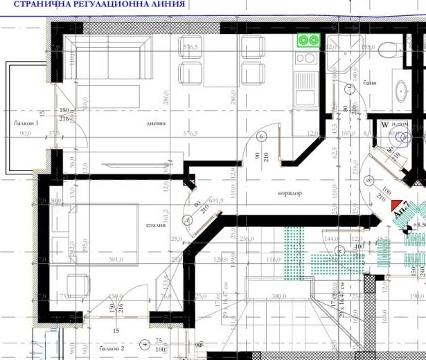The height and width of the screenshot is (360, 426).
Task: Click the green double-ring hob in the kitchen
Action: pyautogui.click(x=308, y=40)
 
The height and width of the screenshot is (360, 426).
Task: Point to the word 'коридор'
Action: pyautogui.click(x=270, y=193)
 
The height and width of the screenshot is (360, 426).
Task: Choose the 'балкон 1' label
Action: pyautogui.click(x=26, y=123)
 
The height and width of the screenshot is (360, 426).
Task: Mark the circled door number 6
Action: pyautogui.click(x=262, y=137)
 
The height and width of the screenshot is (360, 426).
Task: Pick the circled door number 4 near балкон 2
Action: pyautogui.click(x=143, y=342)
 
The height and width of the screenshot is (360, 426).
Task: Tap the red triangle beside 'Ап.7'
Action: pyautogui.click(x=397, y=206)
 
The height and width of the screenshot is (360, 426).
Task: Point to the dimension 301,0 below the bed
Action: pyautogui.click(x=116, y=260)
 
